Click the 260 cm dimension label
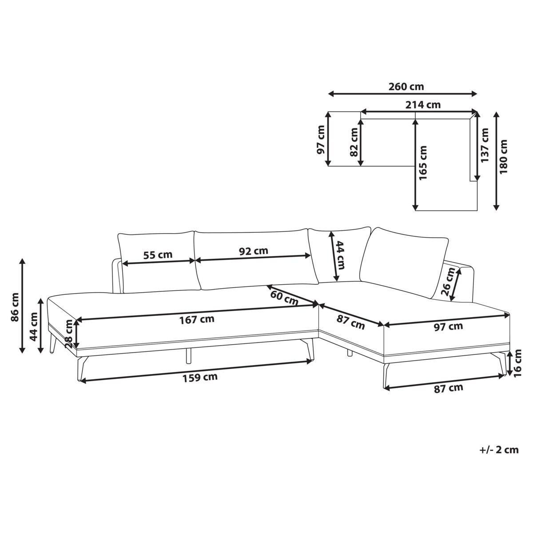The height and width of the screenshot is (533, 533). tap(406, 87)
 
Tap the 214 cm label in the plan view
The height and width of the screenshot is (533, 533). tap(423, 105)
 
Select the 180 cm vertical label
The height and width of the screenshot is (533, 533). tap(504, 156)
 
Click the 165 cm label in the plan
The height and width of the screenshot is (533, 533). tap(423, 163)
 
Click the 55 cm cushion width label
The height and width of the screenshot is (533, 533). tap(158, 255)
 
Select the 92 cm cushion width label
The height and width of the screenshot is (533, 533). tap(253, 251)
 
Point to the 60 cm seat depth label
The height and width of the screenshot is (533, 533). tap(285, 298)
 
